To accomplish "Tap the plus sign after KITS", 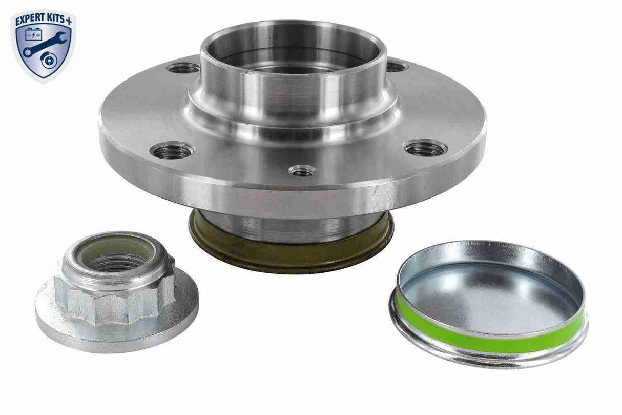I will (71, 19).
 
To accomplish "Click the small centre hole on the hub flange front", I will (301, 170).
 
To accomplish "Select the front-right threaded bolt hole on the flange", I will (425, 148).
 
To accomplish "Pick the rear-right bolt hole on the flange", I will (396, 66).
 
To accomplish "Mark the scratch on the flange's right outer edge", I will (378, 189).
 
